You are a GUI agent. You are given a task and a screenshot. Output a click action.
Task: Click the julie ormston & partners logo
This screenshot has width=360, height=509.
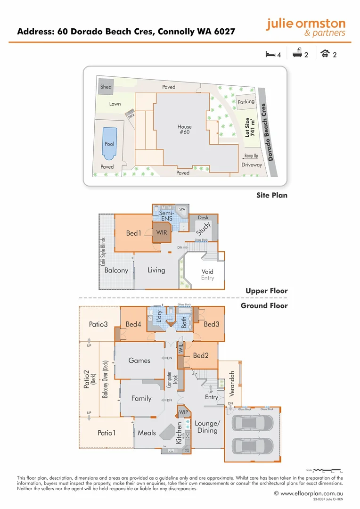click(306, 28)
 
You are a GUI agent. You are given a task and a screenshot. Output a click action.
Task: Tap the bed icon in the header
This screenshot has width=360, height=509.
click(270, 55)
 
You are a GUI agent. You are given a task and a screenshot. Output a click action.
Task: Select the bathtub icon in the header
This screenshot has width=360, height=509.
click(297, 55)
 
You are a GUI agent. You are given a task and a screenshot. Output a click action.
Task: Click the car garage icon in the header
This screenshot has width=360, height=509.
click(325, 55)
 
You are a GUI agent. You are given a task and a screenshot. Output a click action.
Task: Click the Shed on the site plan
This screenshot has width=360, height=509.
click(106, 87)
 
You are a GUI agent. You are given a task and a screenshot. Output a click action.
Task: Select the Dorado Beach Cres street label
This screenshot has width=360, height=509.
click(268, 132)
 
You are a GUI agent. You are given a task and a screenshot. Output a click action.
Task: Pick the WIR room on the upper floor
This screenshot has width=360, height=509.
click(162, 232)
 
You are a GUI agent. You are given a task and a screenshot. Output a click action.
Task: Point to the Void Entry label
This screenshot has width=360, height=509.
click(207, 275)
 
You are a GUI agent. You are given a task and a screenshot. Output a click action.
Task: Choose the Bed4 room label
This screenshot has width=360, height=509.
click(133, 324)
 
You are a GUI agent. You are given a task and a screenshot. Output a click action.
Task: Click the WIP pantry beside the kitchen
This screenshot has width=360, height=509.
click(183, 412)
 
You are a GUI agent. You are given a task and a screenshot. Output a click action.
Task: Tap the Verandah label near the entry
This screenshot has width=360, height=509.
click(231, 382)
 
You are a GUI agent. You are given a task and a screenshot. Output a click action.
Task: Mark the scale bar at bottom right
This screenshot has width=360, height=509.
click(328, 470)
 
